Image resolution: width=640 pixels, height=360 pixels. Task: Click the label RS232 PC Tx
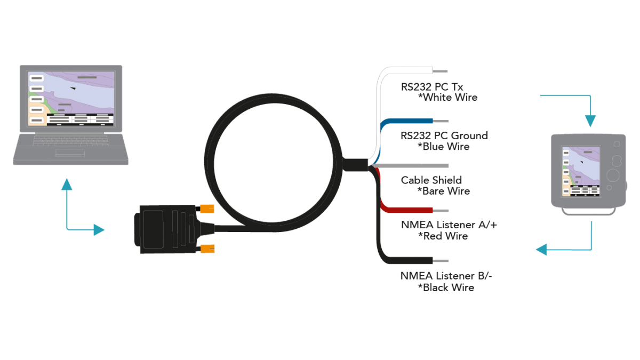pyautogui.click(x=432, y=86)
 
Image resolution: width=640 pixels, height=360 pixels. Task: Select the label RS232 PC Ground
pyautogui.click(x=444, y=135)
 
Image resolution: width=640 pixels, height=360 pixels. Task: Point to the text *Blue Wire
pyautogui.click(x=444, y=147)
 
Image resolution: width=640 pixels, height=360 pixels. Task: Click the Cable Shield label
pyautogui.click(x=431, y=180)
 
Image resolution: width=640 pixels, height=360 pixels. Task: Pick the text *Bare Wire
pyautogui.click(x=444, y=191)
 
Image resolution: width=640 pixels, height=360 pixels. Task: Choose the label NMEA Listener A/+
pyautogui.click(x=449, y=225)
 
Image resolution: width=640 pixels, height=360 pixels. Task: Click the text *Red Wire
pyautogui.click(x=443, y=236)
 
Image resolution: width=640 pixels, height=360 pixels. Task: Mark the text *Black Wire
pyautogui.click(x=446, y=287)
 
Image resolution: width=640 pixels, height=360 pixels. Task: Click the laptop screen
pyautogui.click(x=71, y=99)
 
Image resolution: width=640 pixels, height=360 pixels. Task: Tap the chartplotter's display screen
pyautogui.click(x=580, y=171)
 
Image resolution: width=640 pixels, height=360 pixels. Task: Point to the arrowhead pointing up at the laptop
pyautogui.click(x=66, y=185)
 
